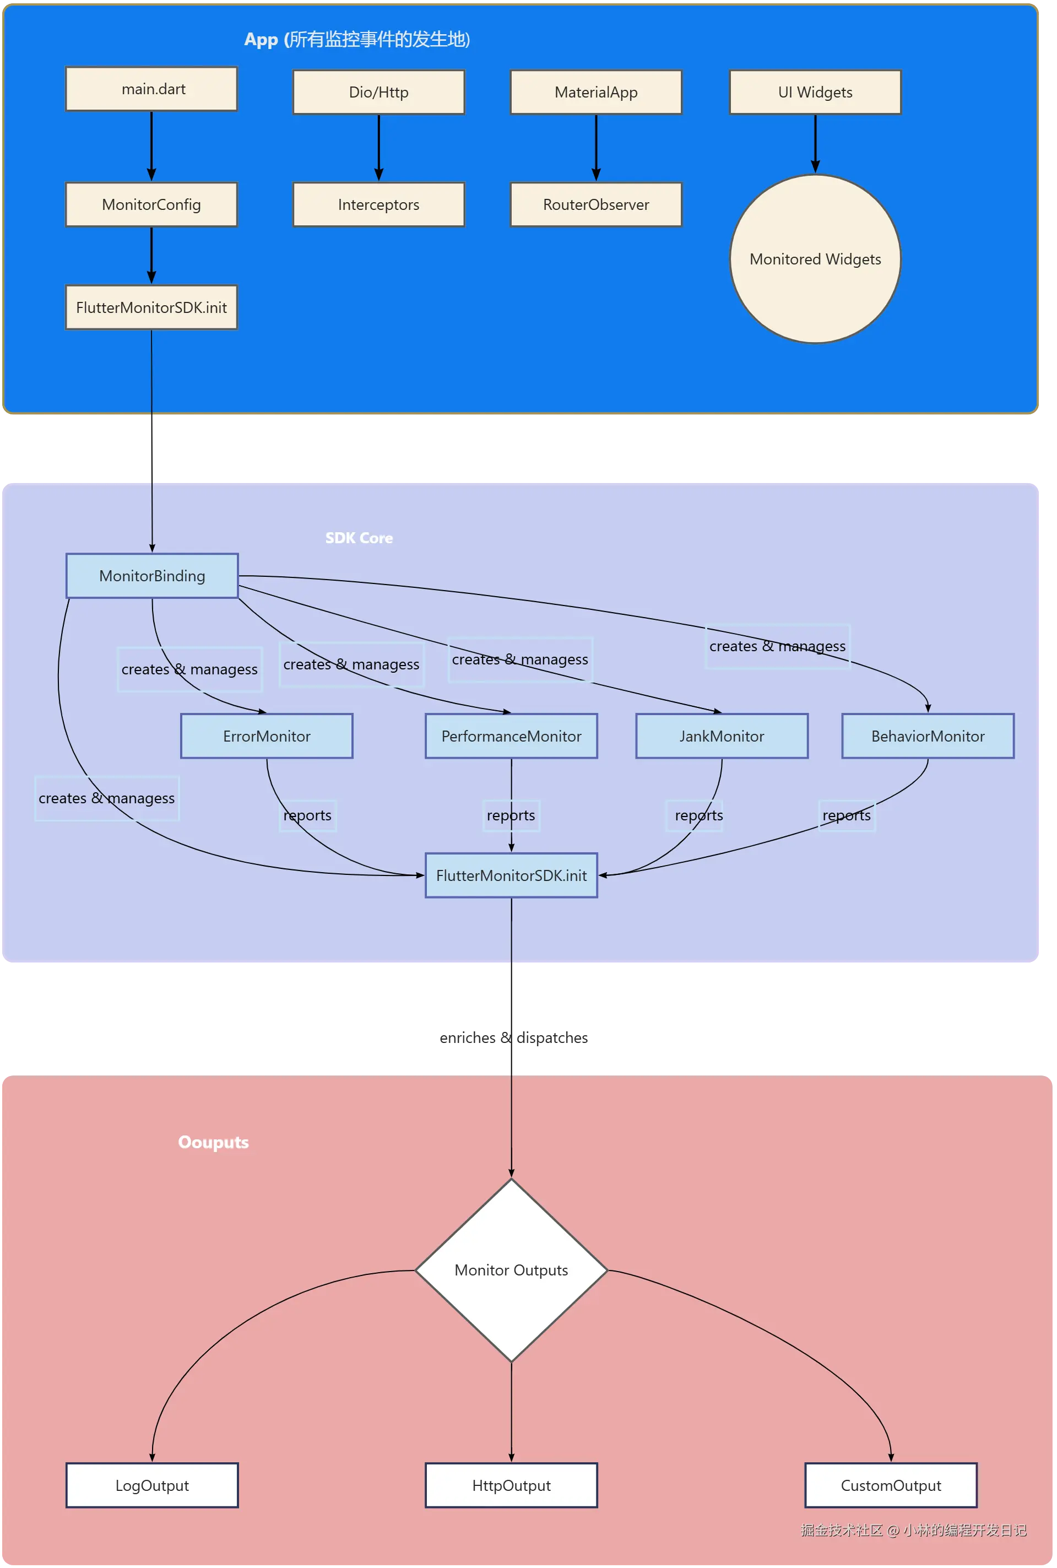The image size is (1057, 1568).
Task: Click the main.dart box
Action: point(151,89)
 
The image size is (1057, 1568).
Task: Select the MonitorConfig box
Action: point(151,204)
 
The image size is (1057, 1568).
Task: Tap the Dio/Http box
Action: point(378,93)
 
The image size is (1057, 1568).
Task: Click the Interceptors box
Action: point(378,204)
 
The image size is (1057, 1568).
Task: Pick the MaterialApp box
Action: point(596,93)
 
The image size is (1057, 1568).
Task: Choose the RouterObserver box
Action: point(596,204)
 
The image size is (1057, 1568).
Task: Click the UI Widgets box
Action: point(815,93)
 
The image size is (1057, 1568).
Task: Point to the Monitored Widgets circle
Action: point(815,259)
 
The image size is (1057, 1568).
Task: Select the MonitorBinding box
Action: point(151,576)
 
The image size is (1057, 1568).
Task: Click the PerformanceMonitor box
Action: point(511,736)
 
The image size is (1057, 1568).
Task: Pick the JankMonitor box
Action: point(722,736)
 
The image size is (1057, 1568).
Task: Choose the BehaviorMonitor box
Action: point(928,736)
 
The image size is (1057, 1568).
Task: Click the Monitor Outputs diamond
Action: point(511,1270)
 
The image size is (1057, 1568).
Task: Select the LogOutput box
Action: point(151,1485)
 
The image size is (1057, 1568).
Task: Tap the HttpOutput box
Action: point(511,1485)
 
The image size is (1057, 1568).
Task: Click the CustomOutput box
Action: point(891,1485)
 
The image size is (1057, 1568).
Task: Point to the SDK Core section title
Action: point(359,538)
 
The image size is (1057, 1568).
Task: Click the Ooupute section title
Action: point(213,1142)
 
